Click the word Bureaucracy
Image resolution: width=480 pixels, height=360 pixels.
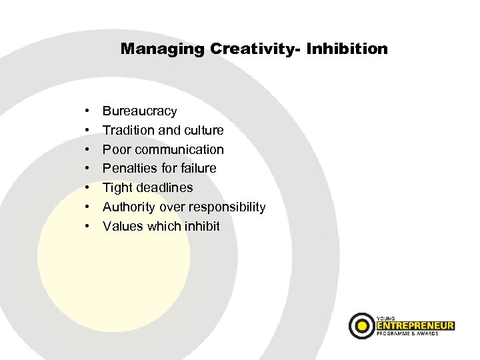pos(139,111)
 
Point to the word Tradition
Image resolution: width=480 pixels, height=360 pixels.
pos(127,130)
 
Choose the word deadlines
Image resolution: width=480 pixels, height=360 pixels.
pos(164,188)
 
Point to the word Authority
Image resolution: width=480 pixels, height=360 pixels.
pos(129,207)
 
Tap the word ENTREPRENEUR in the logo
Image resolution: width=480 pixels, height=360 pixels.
pos(415,325)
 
